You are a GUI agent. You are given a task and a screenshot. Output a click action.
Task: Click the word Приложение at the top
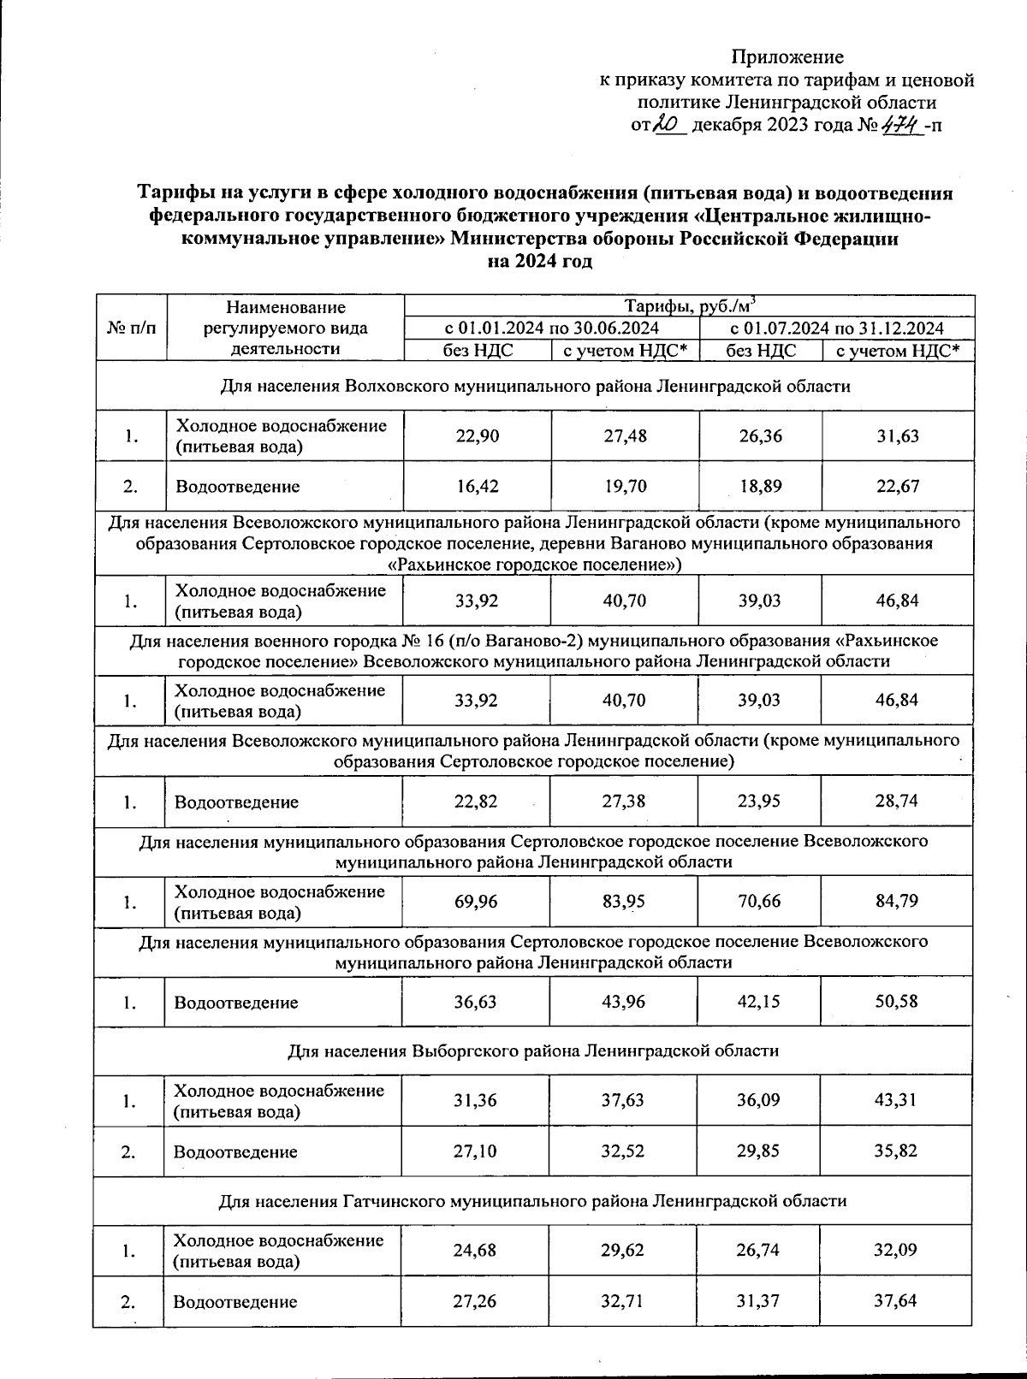pos(787,57)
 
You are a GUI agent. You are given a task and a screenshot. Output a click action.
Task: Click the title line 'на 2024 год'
pos(539,262)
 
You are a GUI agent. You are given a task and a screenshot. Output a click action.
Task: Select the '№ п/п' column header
pos(131,328)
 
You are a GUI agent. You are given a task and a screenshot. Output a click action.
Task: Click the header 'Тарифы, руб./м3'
pos(689,306)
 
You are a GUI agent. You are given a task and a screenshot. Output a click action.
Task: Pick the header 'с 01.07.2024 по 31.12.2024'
pos(836,328)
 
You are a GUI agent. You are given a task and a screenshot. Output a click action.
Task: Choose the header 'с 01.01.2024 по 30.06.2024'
pos(551,328)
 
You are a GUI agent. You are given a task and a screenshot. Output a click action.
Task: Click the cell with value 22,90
pos(477,436)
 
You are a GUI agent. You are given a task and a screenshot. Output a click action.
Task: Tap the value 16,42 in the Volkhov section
pos(477,487)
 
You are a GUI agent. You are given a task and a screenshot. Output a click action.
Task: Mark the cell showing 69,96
pos(476,901)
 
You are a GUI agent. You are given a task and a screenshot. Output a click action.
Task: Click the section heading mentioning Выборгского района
pos(532,1051)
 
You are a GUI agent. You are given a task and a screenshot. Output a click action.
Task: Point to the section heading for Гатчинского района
pos(532,1200)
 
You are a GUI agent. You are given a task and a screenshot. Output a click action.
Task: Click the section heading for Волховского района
pos(535,386)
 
